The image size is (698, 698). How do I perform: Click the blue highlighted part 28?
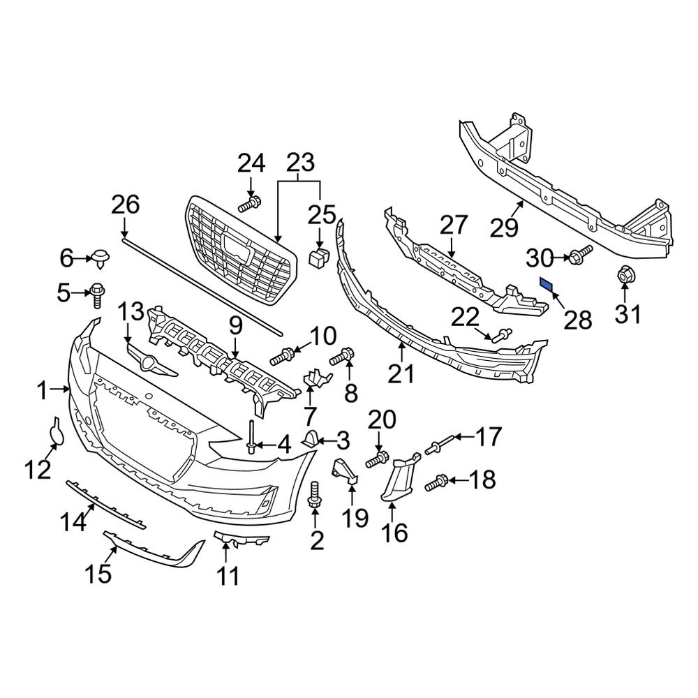tap(547, 285)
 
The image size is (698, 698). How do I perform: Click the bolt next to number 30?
tap(581, 254)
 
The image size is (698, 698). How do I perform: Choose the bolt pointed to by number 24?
tap(249, 205)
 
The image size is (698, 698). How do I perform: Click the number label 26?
tap(126, 205)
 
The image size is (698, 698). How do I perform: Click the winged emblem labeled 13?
tap(149, 362)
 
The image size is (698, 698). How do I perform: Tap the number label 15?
tap(98, 574)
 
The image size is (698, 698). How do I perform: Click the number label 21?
tap(401, 374)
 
